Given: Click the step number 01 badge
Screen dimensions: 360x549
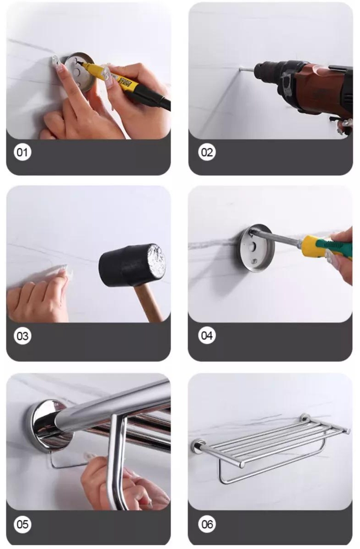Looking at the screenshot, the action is pyautogui.click(x=22, y=152).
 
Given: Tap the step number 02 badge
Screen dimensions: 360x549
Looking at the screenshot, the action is pyautogui.click(x=207, y=152).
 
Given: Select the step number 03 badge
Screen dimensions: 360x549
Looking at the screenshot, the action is pyautogui.click(x=22, y=336).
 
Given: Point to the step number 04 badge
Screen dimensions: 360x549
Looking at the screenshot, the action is pyautogui.click(x=207, y=335).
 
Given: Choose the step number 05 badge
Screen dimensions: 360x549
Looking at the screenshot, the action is pyautogui.click(x=22, y=524).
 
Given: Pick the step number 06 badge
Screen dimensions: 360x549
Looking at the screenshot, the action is pyautogui.click(x=207, y=524).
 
